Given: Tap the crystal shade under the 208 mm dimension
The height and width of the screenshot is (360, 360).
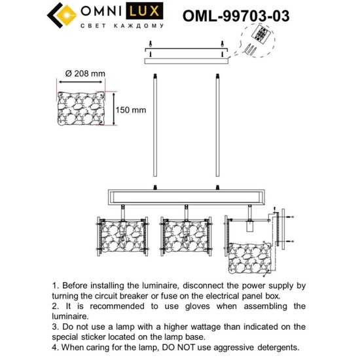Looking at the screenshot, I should (82, 111).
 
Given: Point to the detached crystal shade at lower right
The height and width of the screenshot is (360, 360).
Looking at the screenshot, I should (253, 259).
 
